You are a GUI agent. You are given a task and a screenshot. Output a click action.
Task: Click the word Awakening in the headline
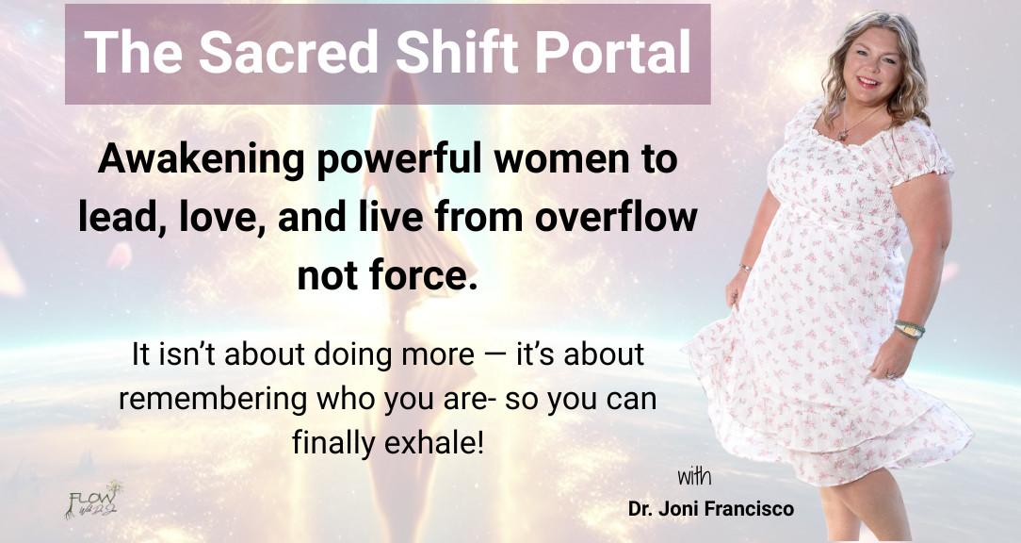201,159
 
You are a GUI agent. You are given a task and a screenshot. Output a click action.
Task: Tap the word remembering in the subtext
212,399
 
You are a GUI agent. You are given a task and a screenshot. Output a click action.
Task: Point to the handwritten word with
694,476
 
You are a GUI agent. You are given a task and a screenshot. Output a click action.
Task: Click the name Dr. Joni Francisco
711,508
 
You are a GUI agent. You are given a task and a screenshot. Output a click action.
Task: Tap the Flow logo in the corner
94,500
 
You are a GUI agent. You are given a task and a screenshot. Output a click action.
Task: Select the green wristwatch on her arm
910,329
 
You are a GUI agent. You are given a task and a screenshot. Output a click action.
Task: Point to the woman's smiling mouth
868,82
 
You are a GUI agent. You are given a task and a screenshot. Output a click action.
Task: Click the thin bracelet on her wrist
745,268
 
